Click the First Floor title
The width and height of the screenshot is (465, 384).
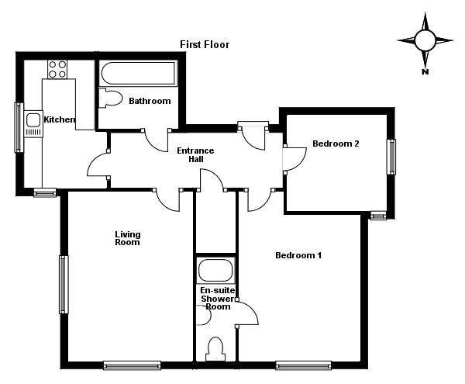[205, 44]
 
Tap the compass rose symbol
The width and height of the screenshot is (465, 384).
[425, 40]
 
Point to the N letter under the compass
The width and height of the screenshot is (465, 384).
[425, 71]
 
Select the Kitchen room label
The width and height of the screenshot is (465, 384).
[60, 119]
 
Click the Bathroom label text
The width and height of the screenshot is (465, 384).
[150, 101]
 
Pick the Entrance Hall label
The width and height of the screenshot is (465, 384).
[195, 154]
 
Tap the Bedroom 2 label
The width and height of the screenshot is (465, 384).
[336, 144]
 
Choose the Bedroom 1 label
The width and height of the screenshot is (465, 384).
[298, 255]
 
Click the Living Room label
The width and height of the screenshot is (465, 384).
[128, 238]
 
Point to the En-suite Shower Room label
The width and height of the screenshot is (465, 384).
[216, 298]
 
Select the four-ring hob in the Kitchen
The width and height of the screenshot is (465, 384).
[57, 69]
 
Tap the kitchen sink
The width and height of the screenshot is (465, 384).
[33, 121]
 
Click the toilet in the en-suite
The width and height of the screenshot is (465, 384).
[216, 348]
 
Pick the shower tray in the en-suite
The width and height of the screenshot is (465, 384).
[215, 272]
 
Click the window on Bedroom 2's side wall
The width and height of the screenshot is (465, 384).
[391, 156]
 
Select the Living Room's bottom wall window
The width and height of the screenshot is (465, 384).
[132, 364]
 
